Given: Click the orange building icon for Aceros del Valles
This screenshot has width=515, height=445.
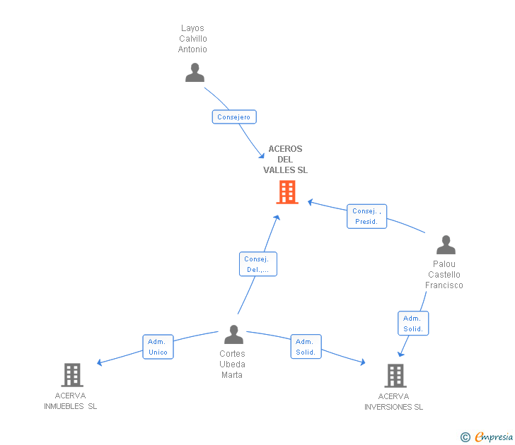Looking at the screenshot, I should (x=287, y=192).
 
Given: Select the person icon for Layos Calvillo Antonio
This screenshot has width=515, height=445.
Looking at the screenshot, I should (x=195, y=73).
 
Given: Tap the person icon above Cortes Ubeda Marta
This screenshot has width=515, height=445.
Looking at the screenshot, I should (x=233, y=335).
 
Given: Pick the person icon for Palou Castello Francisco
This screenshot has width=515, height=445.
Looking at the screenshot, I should (x=446, y=245).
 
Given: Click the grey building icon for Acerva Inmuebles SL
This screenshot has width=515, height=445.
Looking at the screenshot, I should (x=72, y=374).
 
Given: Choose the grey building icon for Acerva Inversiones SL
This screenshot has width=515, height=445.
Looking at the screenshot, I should (x=395, y=375).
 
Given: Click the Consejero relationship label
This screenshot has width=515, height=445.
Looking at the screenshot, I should (x=234, y=117).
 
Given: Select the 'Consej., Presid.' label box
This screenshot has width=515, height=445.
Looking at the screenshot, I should (x=367, y=216).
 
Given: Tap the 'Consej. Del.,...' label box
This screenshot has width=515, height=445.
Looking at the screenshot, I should (x=257, y=264).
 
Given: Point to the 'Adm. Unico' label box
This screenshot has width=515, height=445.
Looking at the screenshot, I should (x=158, y=347).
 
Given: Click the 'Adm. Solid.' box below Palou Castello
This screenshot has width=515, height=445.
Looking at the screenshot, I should (x=413, y=324).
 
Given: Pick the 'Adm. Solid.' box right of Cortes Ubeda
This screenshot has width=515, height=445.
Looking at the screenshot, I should (x=306, y=347).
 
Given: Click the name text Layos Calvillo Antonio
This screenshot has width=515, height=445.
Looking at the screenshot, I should (x=193, y=39).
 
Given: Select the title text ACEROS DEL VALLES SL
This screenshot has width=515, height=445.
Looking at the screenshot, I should (x=285, y=160).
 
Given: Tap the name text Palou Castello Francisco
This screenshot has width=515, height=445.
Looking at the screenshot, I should (x=444, y=275).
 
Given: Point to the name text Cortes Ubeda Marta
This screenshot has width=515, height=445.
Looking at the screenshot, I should (x=232, y=364).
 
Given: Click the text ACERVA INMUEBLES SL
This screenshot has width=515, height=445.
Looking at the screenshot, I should (x=71, y=401).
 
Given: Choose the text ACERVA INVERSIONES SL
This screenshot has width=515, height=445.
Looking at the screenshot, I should (x=394, y=401).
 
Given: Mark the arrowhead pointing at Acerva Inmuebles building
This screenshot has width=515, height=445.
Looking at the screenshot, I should (x=100, y=363).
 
